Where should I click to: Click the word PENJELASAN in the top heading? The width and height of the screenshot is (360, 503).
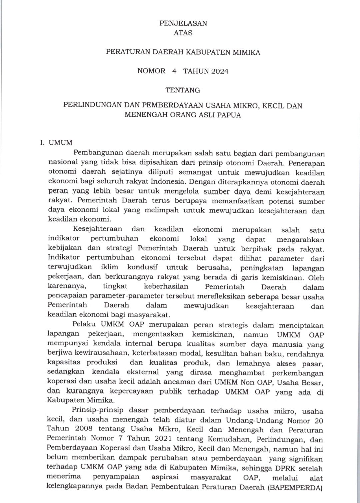point(183,23)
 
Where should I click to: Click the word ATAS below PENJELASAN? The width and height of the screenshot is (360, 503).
point(183,33)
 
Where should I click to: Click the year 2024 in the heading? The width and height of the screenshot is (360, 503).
point(219,71)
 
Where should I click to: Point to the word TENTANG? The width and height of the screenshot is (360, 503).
point(183,90)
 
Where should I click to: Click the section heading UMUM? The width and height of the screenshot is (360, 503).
point(61,143)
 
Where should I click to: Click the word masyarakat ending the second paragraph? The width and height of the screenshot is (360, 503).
point(150,315)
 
